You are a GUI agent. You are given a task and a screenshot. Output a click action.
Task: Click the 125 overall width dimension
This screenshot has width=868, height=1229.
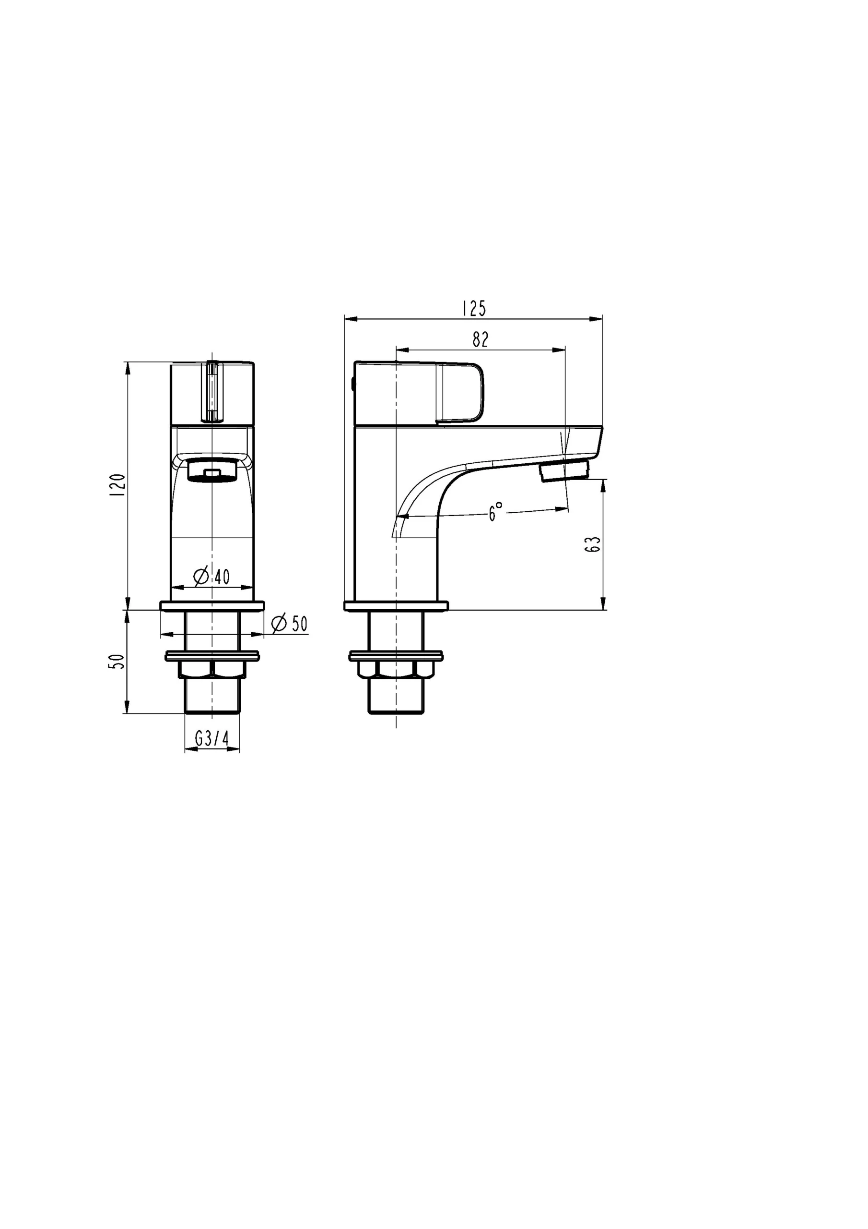(x=474, y=309)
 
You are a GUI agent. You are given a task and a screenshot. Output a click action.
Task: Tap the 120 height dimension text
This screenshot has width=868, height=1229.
(x=117, y=484)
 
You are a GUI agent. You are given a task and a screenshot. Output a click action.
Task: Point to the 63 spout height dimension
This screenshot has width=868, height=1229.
(x=594, y=544)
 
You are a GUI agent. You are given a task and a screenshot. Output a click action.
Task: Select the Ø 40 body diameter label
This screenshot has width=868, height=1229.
(x=212, y=577)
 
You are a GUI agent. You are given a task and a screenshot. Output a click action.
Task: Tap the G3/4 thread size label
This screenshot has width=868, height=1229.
(x=212, y=739)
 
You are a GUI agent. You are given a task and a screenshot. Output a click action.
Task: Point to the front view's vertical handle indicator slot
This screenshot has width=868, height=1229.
(x=212, y=392)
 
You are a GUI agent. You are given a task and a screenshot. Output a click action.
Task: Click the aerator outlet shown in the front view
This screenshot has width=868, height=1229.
(x=212, y=470)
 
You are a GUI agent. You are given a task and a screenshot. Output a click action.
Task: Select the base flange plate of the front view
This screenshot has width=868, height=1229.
(x=212, y=606)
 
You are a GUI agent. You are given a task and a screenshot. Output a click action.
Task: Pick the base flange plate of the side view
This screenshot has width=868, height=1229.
(x=396, y=606)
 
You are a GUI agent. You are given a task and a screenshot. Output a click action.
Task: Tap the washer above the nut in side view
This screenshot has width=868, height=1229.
(x=395, y=656)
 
